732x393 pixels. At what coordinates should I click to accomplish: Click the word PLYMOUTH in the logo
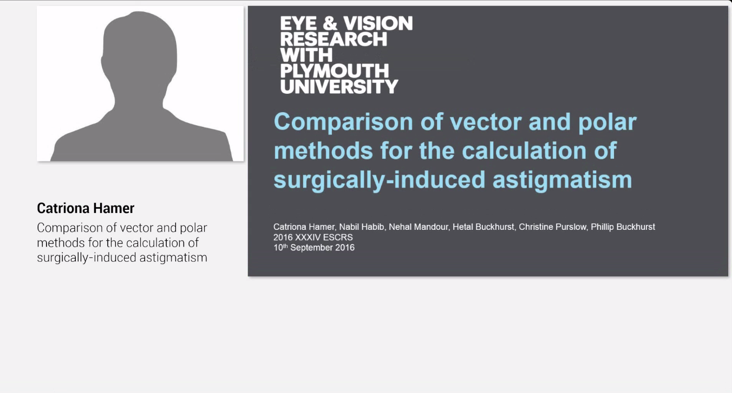334,70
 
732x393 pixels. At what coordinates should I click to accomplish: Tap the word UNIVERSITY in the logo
339,86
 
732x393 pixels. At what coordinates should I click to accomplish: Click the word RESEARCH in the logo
334,39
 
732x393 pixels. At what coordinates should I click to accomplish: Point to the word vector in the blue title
486,122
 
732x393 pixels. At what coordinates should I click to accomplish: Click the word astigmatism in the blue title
562,181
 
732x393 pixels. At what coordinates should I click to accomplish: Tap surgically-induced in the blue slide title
380,181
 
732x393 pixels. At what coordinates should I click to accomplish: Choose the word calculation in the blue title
524,151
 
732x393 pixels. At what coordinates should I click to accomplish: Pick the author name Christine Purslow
552,227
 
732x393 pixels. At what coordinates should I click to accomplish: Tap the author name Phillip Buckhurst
623,227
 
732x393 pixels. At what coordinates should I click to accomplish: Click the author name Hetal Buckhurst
483,227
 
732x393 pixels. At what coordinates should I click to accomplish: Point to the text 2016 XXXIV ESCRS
313,237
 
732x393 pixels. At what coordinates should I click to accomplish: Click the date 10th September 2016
314,247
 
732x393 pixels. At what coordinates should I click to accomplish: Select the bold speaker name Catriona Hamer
86,208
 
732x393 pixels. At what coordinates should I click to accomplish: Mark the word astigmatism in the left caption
173,258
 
